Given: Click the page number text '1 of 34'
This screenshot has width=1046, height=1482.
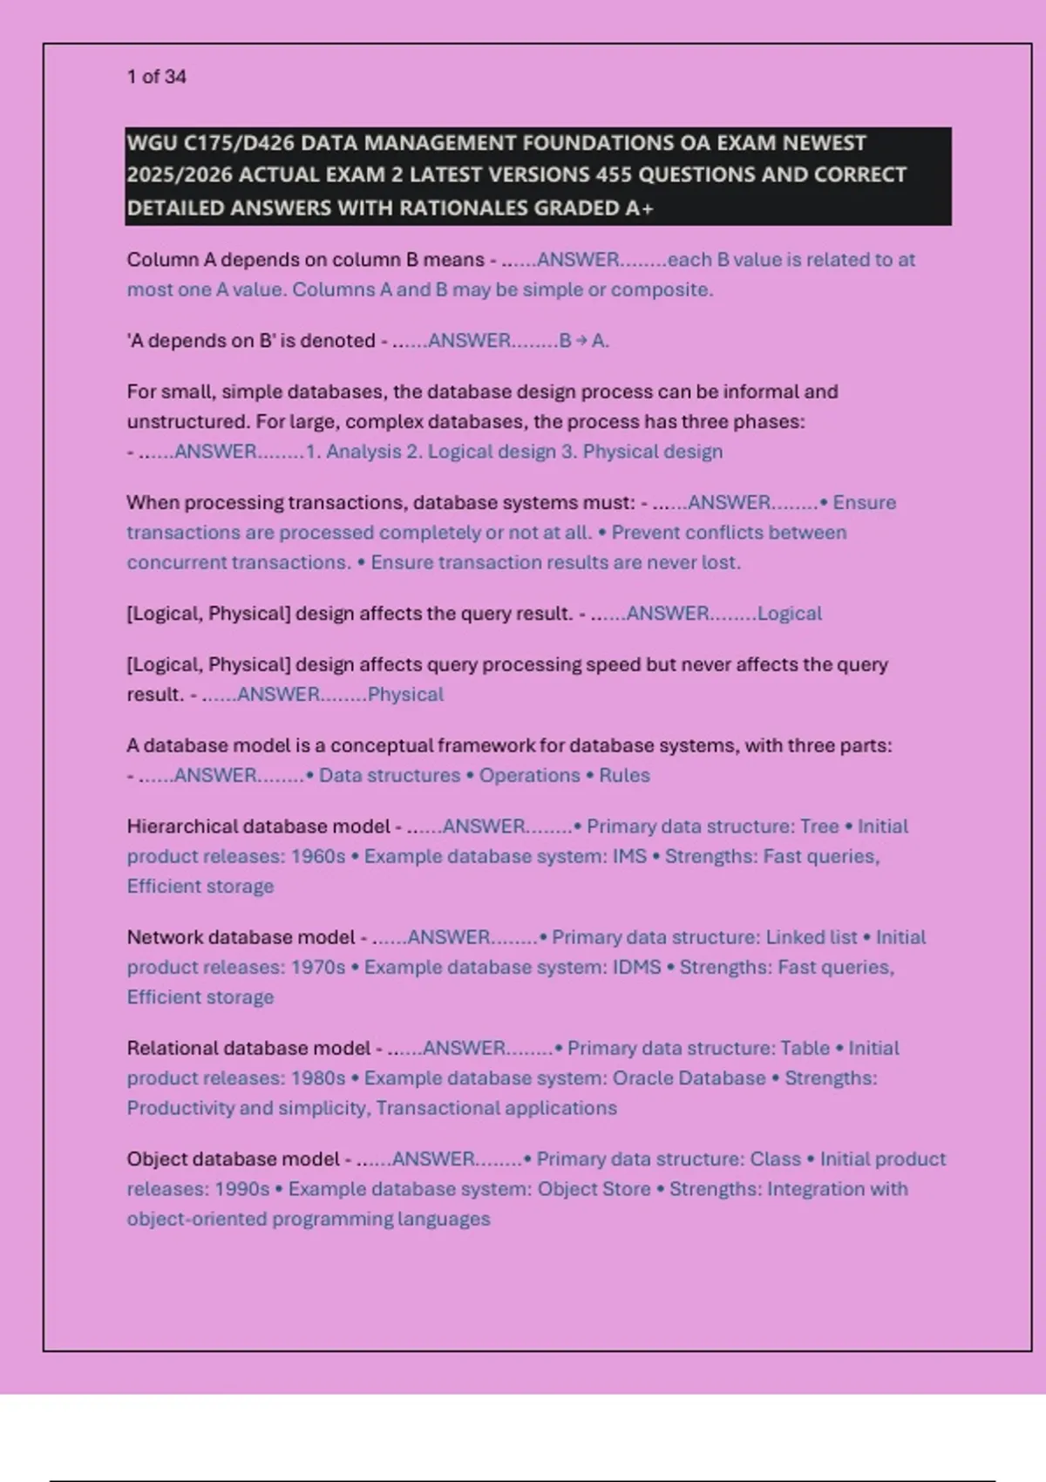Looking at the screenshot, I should point(157,77).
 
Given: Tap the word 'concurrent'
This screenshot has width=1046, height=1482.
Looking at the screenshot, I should point(174,562).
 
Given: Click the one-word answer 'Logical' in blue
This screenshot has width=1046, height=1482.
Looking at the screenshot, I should point(789,614).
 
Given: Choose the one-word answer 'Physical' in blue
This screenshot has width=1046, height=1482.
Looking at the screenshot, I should point(405,695).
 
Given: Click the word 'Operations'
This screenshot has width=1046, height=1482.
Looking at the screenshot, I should point(529,776).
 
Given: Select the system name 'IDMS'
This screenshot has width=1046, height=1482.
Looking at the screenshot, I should point(637,968).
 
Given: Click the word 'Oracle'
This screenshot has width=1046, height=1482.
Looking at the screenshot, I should point(642,1078).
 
